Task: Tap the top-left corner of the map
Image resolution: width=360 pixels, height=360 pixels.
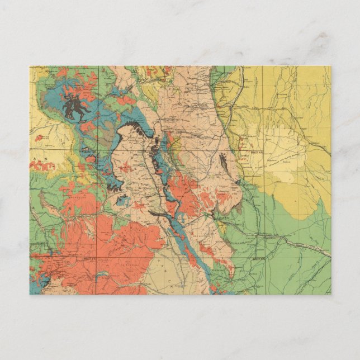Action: pyautogui.click(x=30, y=66)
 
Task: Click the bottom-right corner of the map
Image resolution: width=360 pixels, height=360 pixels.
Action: pyautogui.click(x=331, y=295)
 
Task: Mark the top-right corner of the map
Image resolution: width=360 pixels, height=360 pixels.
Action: pyautogui.click(x=331, y=66)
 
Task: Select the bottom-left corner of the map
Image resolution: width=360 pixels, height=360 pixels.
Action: pyautogui.click(x=30, y=295)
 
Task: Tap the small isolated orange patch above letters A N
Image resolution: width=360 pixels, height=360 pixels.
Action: pyautogui.click(x=39, y=138)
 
